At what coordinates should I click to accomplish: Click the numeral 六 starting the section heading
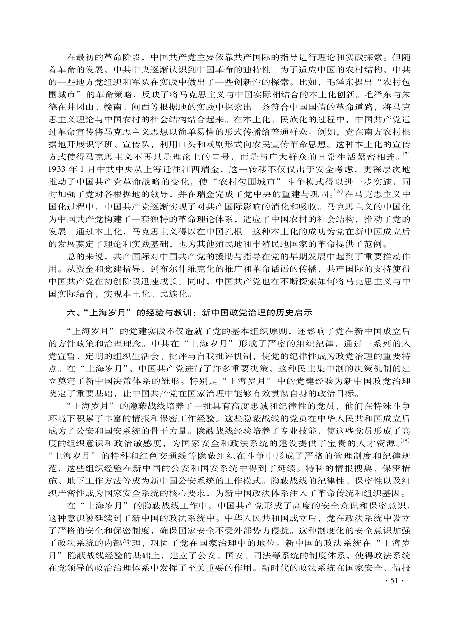tap(71, 313)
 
